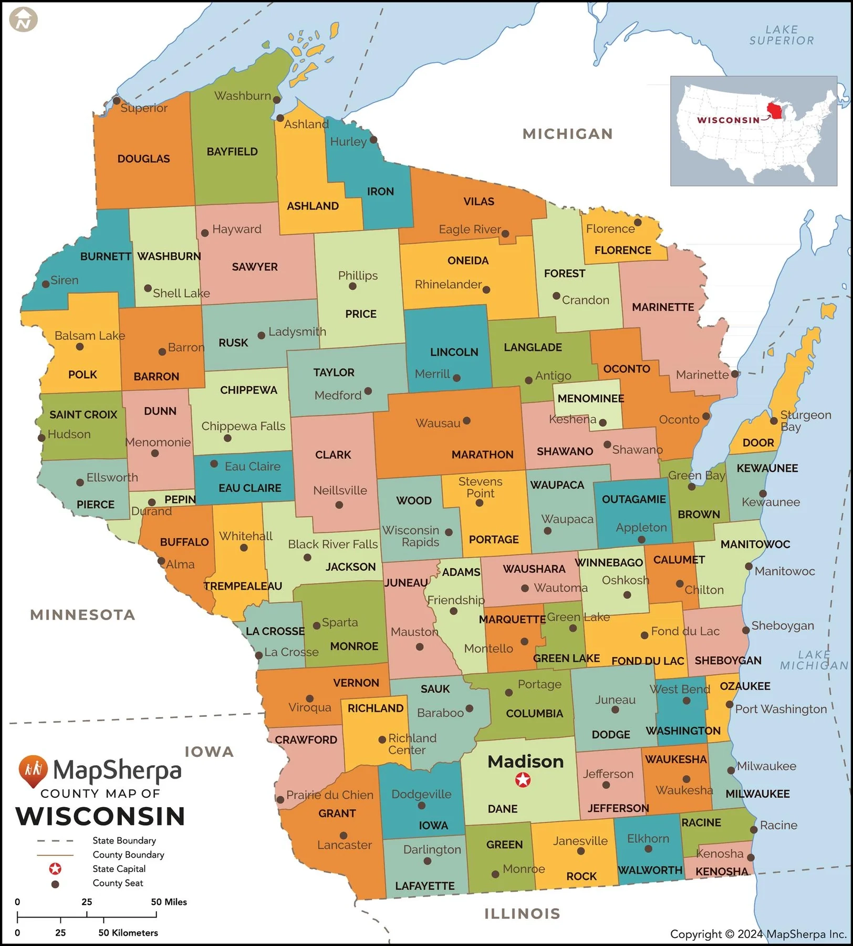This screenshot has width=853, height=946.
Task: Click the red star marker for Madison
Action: (x=523, y=780)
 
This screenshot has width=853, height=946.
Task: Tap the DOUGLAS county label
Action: (x=143, y=159)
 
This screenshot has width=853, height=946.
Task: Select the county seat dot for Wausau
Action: (x=466, y=420)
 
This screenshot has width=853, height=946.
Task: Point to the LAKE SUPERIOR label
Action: (x=781, y=35)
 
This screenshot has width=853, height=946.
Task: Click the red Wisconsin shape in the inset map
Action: (x=774, y=111)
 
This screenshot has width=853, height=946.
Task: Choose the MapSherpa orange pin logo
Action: (x=33, y=770)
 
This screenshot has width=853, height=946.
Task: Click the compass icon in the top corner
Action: (x=24, y=20)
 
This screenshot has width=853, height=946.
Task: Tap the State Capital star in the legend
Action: (x=55, y=869)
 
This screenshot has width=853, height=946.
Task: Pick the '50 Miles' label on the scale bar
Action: (x=169, y=902)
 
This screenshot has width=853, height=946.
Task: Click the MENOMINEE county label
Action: (x=590, y=398)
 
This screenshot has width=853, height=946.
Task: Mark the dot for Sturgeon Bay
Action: (x=774, y=421)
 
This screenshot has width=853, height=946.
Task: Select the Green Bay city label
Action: (x=696, y=475)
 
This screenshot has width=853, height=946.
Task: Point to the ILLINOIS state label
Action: (x=522, y=913)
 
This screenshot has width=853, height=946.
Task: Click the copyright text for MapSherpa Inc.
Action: (x=758, y=934)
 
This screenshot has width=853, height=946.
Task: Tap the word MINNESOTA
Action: (x=82, y=614)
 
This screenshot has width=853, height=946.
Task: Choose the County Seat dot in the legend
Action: (x=55, y=884)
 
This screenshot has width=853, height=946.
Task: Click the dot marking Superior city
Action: (x=117, y=101)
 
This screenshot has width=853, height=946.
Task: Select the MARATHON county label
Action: (x=482, y=455)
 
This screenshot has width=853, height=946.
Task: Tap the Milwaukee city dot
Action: (x=731, y=770)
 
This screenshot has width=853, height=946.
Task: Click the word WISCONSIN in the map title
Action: (x=100, y=816)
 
